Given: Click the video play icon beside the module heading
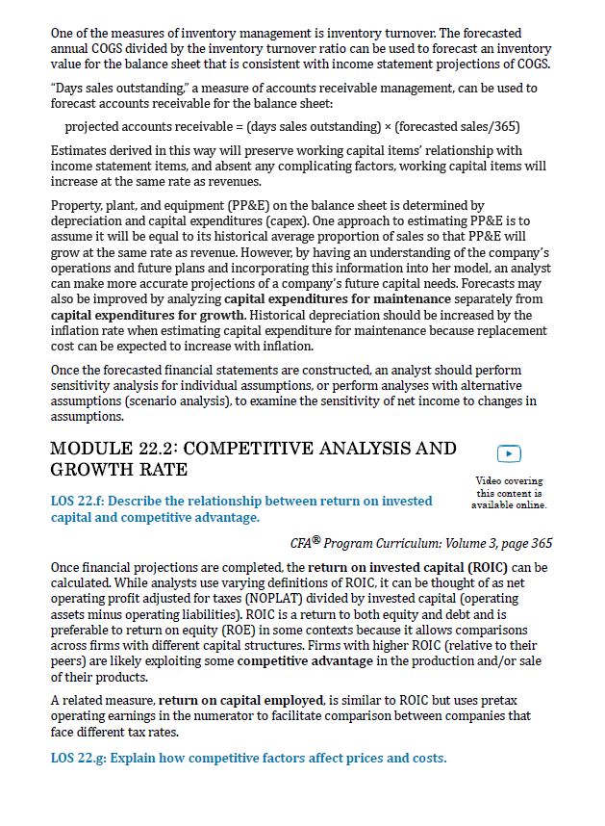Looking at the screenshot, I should coord(509,453).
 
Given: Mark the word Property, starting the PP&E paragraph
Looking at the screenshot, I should coord(80,205).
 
